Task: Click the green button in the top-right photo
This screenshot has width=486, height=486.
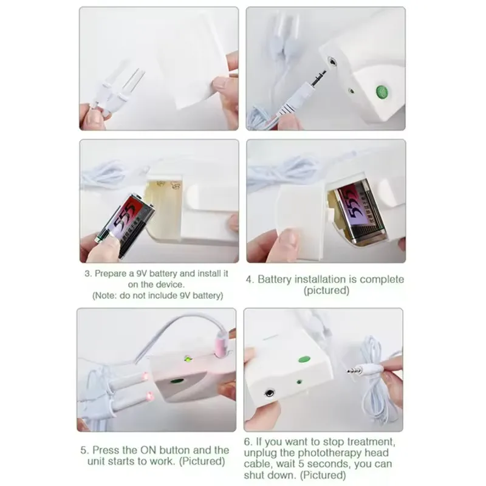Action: pos(382,92)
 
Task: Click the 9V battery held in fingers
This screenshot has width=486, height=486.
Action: pos(126,225)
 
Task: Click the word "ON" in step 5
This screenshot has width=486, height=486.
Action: pos(148,450)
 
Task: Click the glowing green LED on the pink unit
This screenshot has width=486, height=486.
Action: pos(188,359)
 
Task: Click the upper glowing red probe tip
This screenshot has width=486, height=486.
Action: pos(145,377)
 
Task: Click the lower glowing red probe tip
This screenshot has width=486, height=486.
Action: pos(150,397)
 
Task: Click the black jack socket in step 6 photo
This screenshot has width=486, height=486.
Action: pos(270,393)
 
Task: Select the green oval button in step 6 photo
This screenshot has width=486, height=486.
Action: pos(304,359)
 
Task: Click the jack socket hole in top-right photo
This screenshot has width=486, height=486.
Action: pos(332,61)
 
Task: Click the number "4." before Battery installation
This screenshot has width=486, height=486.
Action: pos(250,279)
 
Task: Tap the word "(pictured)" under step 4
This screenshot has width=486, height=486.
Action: pos(326,291)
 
